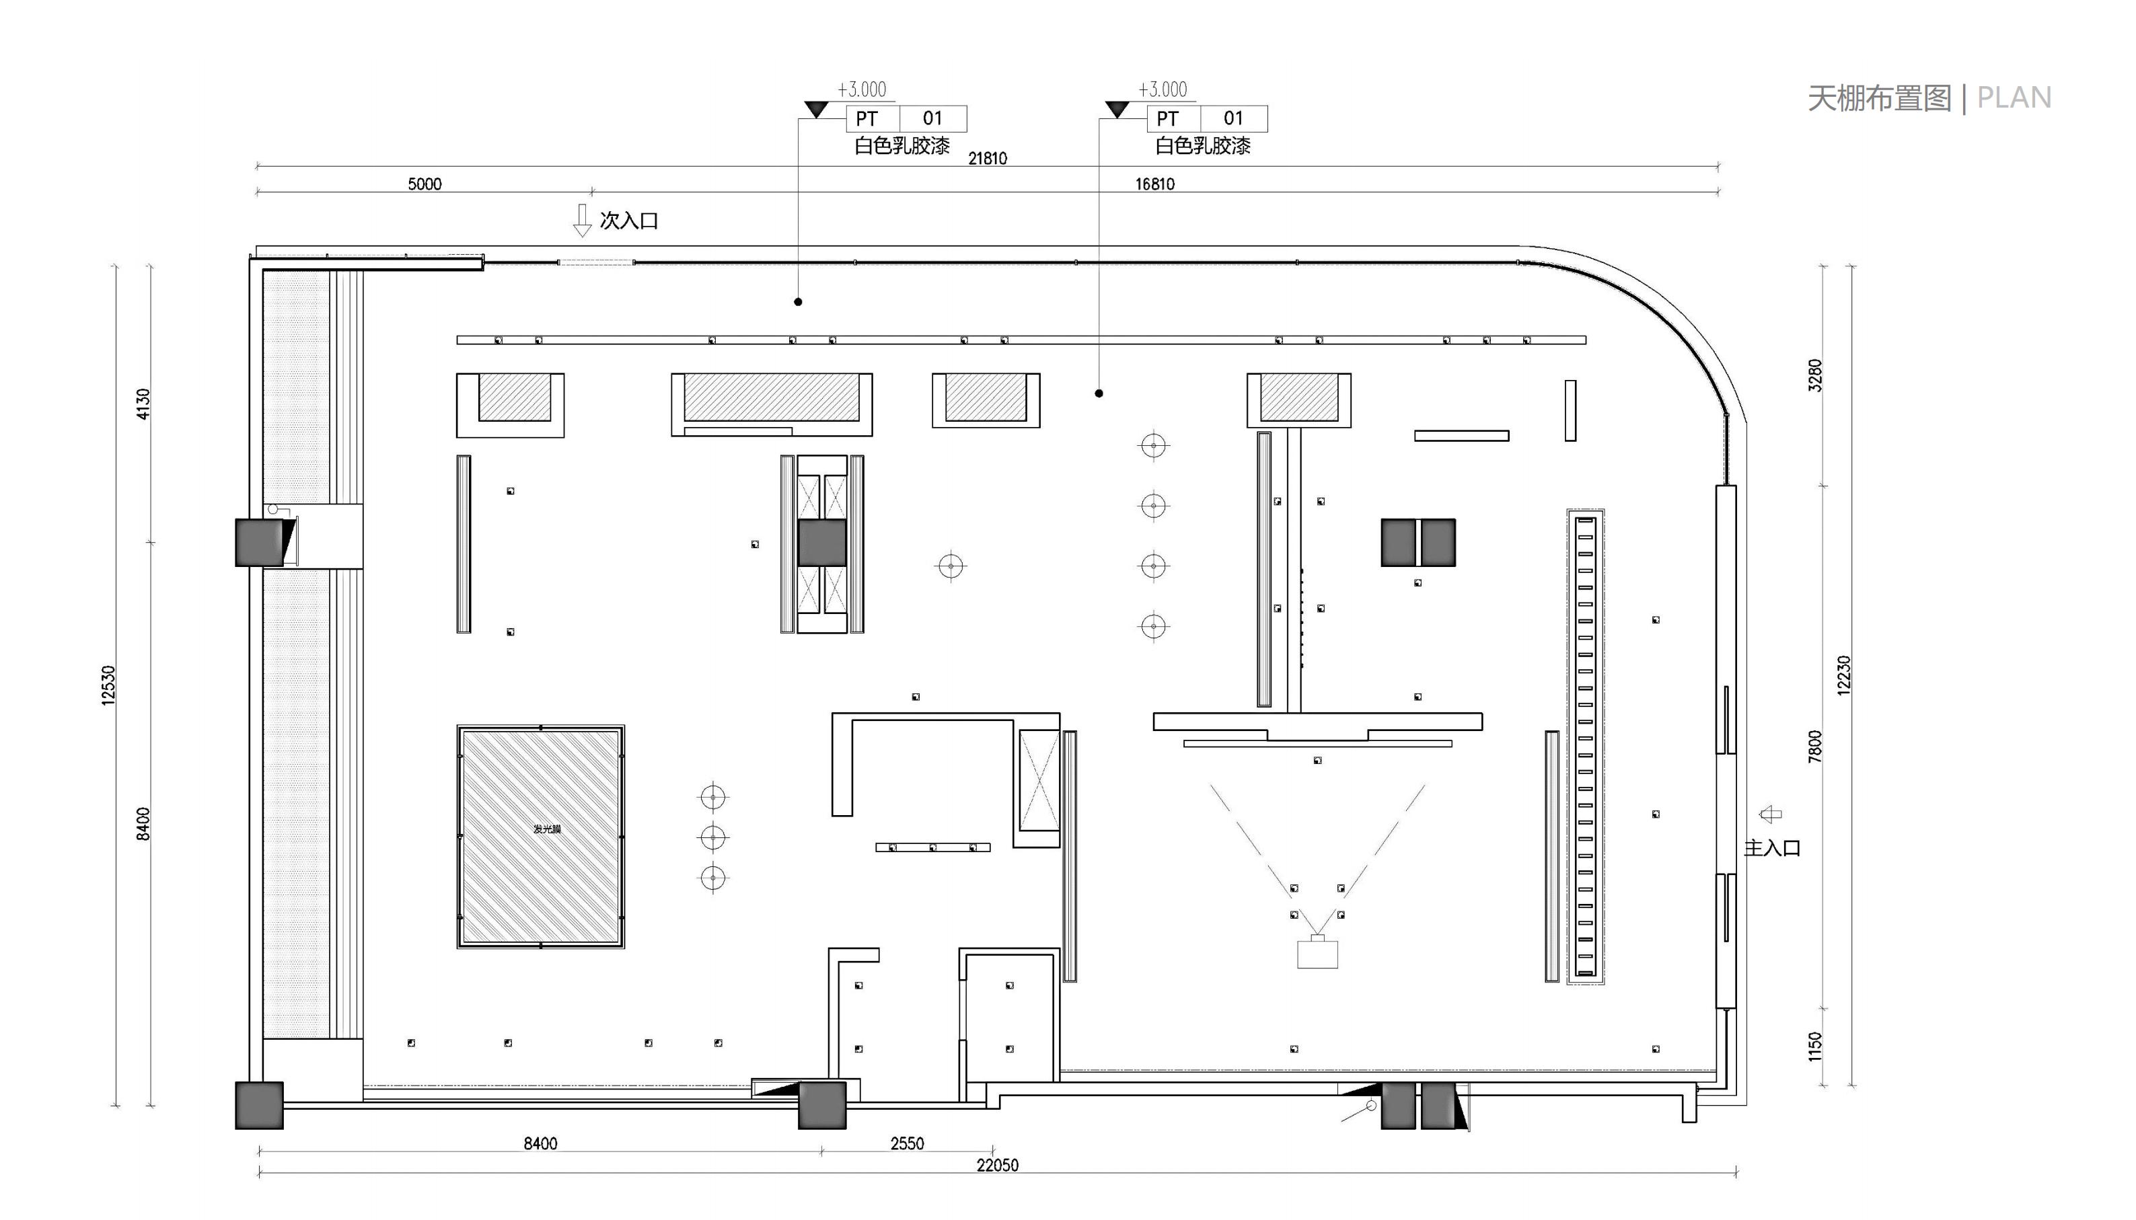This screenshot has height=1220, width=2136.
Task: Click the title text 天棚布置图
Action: coord(1880,98)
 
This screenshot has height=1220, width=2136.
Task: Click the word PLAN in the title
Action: coord(2014,98)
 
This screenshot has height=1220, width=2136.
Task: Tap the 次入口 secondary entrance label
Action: coord(628,221)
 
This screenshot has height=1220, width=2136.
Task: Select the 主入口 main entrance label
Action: coord(1772,848)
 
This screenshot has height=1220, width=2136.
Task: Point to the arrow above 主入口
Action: coord(1770,814)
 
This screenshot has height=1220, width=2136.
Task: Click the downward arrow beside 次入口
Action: coord(581,221)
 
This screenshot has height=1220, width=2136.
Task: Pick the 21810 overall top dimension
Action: coord(987,157)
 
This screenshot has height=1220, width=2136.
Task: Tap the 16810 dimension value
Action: coord(1154,184)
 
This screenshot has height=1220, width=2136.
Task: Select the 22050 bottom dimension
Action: coord(997,1165)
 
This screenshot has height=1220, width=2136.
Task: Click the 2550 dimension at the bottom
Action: coord(907,1143)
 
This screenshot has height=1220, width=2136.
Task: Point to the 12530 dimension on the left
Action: coord(108,685)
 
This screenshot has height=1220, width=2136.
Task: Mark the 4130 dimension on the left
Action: coord(143,404)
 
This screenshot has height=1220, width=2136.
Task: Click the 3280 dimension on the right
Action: coord(1814,375)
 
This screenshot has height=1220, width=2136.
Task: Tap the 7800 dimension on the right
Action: coord(1814,747)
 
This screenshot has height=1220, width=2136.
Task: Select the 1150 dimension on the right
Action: coord(1814,1047)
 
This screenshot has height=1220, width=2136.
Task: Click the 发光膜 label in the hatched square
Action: coord(547,829)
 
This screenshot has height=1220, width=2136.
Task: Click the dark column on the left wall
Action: coord(259,543)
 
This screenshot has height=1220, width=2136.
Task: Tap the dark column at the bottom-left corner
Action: coord(259,1105)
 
